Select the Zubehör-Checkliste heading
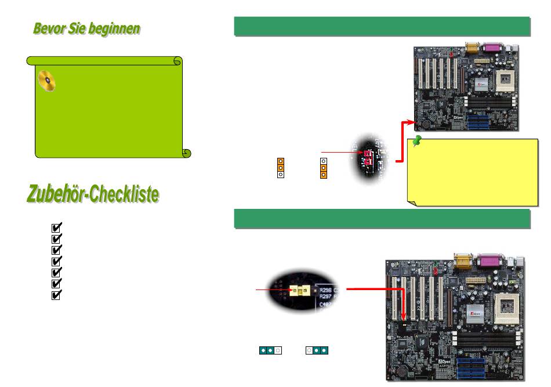coord(93,194)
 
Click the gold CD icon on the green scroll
coord(47,81)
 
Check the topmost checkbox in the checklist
coord(57,227)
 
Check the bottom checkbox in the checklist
coord(57,294)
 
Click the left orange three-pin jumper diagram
coord(280,167)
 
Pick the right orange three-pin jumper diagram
coord(323,167)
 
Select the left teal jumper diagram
coord(270,350)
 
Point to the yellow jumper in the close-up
coord(300,289)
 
